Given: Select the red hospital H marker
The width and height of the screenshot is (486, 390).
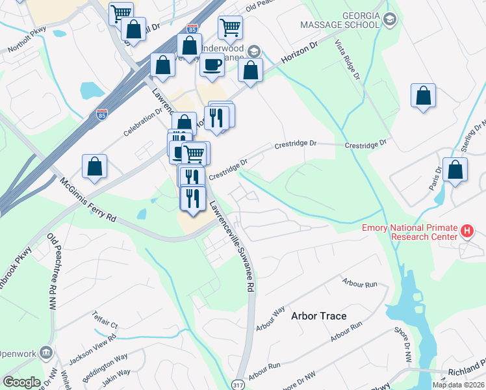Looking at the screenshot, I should [x=466, y=230].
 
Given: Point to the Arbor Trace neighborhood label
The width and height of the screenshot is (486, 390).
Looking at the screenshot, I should [x=318, y=316].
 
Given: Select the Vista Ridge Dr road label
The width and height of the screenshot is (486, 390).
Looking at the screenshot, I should [x=347, y=58].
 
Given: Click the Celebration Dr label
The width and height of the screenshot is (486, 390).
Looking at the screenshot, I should [x=144, y=122].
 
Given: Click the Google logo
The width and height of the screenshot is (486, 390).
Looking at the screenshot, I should [x=21, y=382].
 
